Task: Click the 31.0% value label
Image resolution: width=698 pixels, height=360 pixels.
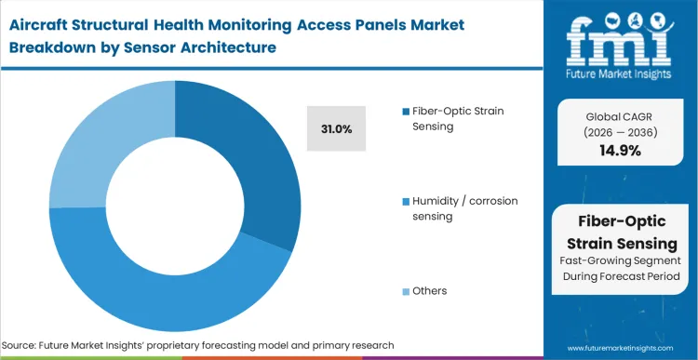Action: [335, 129]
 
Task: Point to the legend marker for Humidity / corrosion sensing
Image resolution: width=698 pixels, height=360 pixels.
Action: [408, 201]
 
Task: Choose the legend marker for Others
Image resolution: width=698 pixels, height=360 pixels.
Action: [408, 291]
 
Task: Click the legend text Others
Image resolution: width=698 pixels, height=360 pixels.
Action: [431, 291]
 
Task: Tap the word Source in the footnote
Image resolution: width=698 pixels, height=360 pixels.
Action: [26, 345]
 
